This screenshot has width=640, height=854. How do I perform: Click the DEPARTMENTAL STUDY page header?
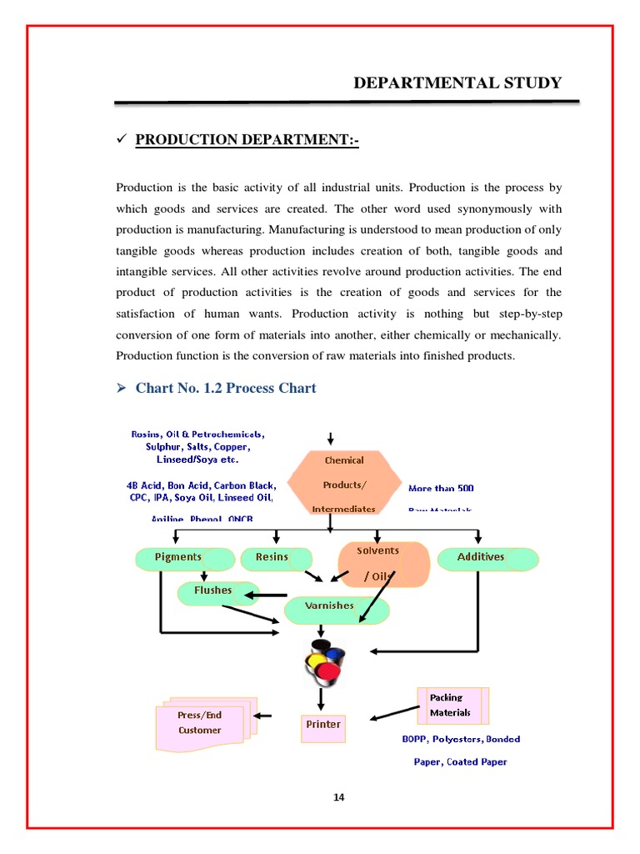click(457, 83)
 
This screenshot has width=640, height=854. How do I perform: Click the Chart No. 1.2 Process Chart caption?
click(225, 388)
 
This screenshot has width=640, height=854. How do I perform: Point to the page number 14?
click(338, 797)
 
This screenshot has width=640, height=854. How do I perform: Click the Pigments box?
click(179, 558)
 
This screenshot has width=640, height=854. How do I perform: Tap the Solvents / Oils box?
click(382, 564)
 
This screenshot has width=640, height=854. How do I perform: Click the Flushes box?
click(215, 591)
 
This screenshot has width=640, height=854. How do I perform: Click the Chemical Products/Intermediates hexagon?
click(343, 485)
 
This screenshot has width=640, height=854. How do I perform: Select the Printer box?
click(322, 726)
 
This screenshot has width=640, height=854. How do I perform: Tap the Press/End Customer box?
click(200, 723)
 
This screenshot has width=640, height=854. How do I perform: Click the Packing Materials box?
click(451, 706)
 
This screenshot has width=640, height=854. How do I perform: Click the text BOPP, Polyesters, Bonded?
click(460, 739)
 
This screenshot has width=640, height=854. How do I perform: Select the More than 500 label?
click(441, 489)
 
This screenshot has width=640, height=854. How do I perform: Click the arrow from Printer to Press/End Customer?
click(263, 715)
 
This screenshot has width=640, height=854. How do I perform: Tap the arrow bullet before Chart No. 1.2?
click(120, 389)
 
